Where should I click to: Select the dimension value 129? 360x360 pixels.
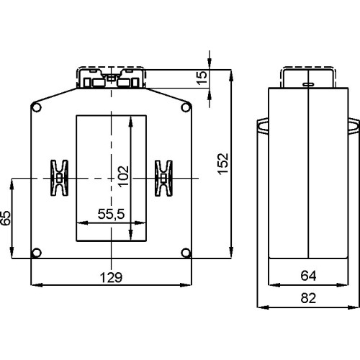pyautogui.click(x=110, y=276)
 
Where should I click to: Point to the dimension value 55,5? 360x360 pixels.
pyautogui.click(x=110, y=214)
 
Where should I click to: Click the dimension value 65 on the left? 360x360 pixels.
pyautogui.click(x=6, y=217)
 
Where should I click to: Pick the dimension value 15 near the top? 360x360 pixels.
pyautogui.click(x=202, y=76)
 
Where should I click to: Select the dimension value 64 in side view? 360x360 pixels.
pyautogui.click(x=307, y=276)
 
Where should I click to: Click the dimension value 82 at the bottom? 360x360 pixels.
pyautogui.click(x=307, y=297)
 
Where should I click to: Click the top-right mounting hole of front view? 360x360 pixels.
pyautogui.click(x=186, y=108)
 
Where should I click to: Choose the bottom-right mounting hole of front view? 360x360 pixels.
pyautogui.click(x=186, y=253)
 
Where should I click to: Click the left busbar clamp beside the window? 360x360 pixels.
pyautogui.click(x=58, y=178)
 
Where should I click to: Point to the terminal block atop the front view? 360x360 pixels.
pyautogui.click(x=111, y=78)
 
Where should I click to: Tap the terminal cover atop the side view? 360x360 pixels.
pyautogui.click(x=307, y=76)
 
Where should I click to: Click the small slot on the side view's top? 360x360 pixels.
pyautogui.click(x=307, y=86)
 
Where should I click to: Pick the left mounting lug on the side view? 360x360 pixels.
pyautogui.click(x=261, y=127)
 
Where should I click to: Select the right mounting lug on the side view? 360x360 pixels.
pyautogui.click(x=354, y=127)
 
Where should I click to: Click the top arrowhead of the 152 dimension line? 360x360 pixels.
pyautogui.click(x=230, y=74)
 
